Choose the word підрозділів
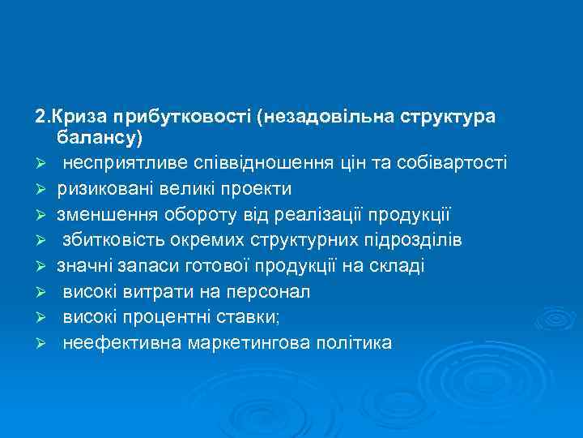(x=415, y=240)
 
